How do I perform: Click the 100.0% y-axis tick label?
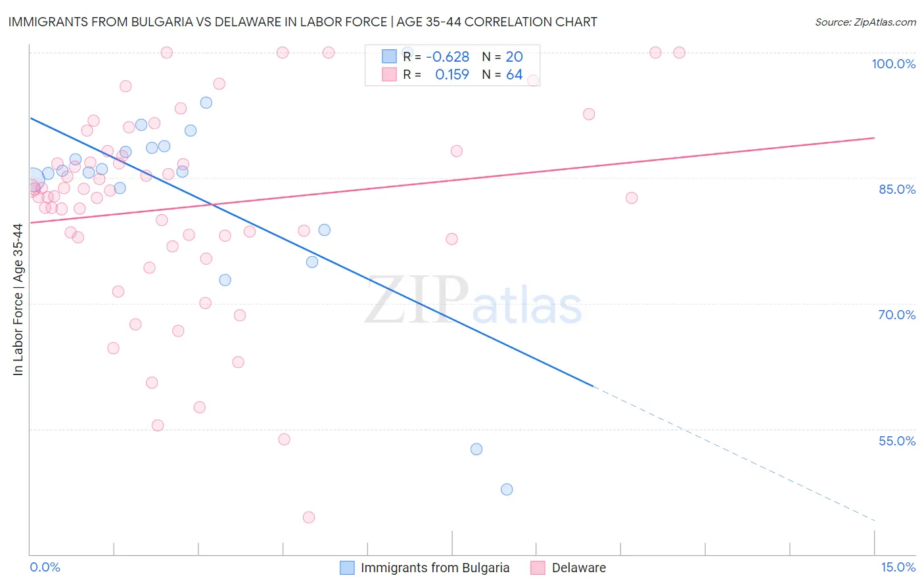click(x=893, y=64)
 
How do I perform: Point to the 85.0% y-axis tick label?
click(x=897, y=189)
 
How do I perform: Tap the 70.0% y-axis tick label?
click(x=897, y=315)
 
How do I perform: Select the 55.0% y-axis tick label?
click(x=897, y=441)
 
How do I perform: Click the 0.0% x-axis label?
click(x=45, y=568)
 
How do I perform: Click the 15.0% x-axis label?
click(x=898, y=568)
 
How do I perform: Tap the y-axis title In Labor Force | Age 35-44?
click(x=18, y=300)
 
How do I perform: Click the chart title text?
click(x=302, y=22)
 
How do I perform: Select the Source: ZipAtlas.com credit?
click(x=865, y=22)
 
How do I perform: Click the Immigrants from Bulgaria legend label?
click(x=435, y=568)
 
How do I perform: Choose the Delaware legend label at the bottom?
click(x=579, y=568)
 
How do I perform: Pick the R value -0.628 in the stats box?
click(x=448, y=57)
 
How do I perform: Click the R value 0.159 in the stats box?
click(x=452, y=75)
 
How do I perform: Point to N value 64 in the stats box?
click(x=514, y=75)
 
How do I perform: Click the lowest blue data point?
click(x=507, y=489)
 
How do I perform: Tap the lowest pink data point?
click(x=309, y=518)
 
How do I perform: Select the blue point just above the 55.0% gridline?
click(x=476, y=449)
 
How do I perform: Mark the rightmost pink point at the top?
click(x=680, y=53)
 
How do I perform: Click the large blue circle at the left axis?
click(x=31, y=179)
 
